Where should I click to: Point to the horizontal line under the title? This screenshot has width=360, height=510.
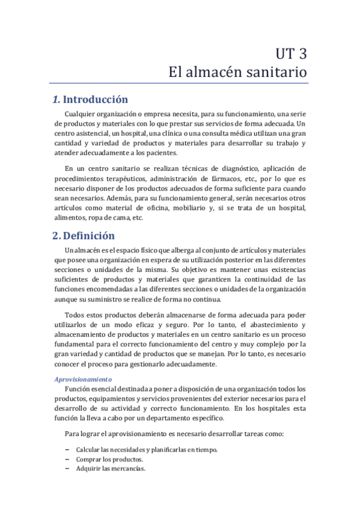[180, 84]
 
